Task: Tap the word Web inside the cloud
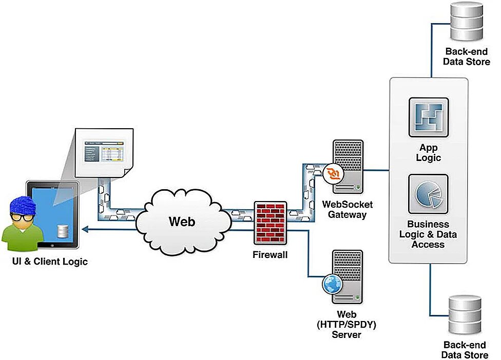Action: pos(182,221)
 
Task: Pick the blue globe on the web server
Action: pos(332,283)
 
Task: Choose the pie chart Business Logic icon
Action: pos(428,194)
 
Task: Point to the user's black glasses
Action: pos(23,217)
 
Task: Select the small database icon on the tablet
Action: pos(63,231)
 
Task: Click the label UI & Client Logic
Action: pos(50,262)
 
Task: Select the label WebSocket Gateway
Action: pos(348,209)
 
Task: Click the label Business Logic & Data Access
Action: pos(428,234)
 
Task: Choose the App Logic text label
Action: pos(428,152)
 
